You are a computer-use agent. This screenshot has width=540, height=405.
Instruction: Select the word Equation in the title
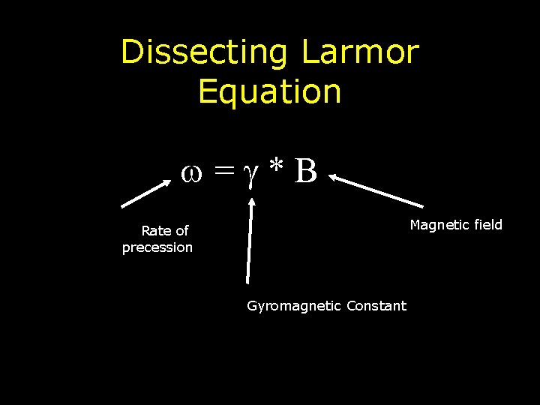pyautogui.click(x=270, y=91)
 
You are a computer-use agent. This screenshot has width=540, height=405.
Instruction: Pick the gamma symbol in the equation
pyautogui.click(x=252, y=175)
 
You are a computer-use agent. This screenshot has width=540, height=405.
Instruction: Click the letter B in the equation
pyautogui.click(x=306, y=171)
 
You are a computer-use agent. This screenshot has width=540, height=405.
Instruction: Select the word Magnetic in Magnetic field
pyautogui.click(x=438, y=225)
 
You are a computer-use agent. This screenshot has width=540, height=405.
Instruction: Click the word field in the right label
pyautogui.click(x=487, y=225)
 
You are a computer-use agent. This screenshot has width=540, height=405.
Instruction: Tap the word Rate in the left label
pyautogui.click(x=155, y=231)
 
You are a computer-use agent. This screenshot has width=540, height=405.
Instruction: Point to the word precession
pyautogui.click(x=157, y=247)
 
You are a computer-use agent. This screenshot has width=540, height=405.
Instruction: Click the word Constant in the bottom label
pyautogui.click(x=376, y=306)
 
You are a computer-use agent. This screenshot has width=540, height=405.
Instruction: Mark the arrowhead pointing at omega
pyautogui.click(x=166, y=184)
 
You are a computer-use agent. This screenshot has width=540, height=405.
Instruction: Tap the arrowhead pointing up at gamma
pyautogui.click(x=253, y=202)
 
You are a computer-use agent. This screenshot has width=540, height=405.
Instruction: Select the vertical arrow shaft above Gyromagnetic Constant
pyautogui.click(x=249, y=247)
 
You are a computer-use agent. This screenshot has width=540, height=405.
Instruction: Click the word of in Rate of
pyautogui.click(x=181, y=231)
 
